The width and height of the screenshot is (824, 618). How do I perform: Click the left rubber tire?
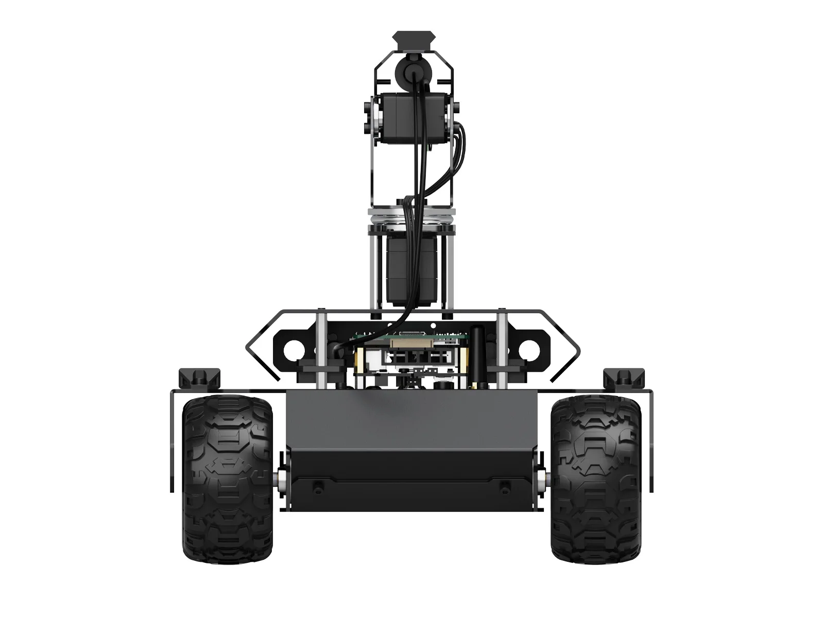click(228, 482)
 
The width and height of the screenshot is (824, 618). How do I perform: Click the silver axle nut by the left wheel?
click(282, 480)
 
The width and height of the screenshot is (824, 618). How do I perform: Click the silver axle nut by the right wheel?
click(542, 480)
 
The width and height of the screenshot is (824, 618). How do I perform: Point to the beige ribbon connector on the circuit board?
click(407, 342)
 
